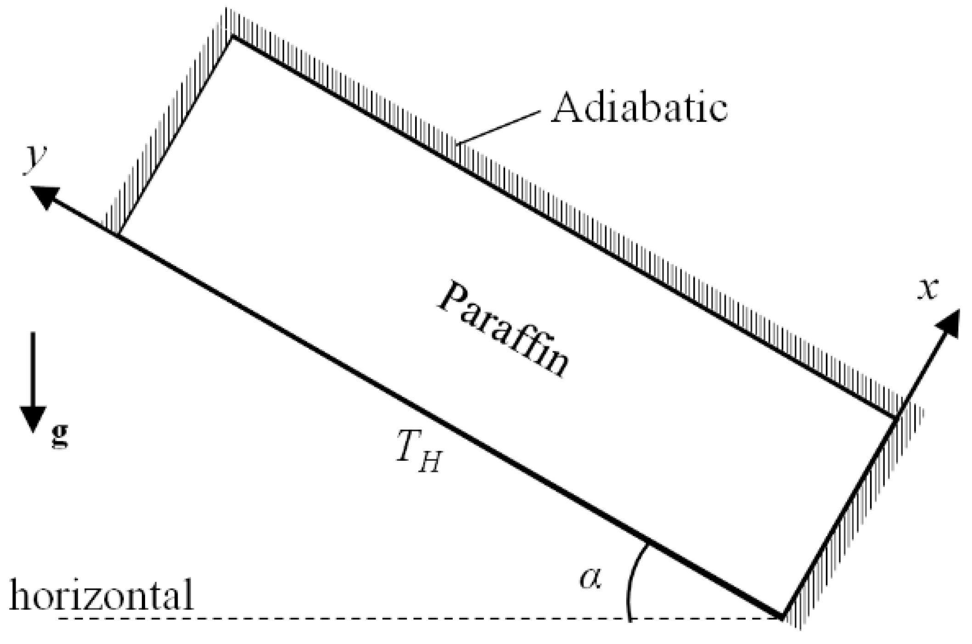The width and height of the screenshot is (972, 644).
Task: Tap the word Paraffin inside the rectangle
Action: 503,329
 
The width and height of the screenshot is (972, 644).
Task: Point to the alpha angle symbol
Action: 590,578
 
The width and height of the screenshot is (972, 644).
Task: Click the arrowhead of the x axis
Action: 948,324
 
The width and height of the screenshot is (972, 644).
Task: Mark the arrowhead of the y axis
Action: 46,196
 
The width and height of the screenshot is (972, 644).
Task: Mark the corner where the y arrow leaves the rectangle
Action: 118,235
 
